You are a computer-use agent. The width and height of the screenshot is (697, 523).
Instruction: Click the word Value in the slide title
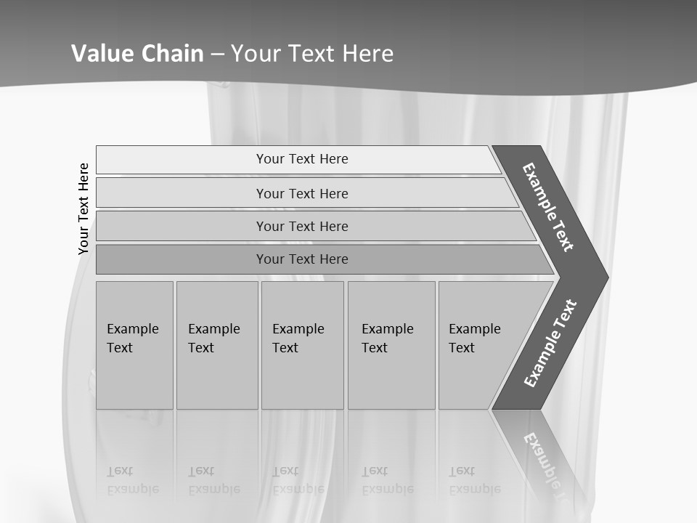click(x=101, y=53)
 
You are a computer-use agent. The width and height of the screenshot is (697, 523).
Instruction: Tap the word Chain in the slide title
click(x=172, y=53)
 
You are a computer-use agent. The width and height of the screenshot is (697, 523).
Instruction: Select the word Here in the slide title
click(x=367, y=53)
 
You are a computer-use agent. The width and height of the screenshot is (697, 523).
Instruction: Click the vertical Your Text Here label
click(x=83, y=208)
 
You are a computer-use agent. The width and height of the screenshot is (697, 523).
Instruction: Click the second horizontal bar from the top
click(x=302, y=193)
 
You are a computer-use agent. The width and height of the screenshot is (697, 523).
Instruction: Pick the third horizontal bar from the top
click(x=302, y=226)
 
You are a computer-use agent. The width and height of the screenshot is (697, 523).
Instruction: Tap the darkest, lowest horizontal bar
click(x=302, y=259)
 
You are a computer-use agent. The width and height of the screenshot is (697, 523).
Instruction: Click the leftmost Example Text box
click(x=134, y=344)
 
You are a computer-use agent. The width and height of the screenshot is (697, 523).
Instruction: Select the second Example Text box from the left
click(x=216, y=344)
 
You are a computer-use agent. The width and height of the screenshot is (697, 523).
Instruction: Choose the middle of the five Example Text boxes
click(x=302, y=344)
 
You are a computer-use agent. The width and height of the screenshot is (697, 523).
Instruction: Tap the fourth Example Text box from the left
click(x=391, y=344)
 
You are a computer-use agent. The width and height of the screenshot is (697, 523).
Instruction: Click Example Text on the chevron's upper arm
click(x=548, y=207)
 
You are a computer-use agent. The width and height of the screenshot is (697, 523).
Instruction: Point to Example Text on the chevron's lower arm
click(x=550, y=344)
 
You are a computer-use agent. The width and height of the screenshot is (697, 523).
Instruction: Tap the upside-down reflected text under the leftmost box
click(x=133, y=480)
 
